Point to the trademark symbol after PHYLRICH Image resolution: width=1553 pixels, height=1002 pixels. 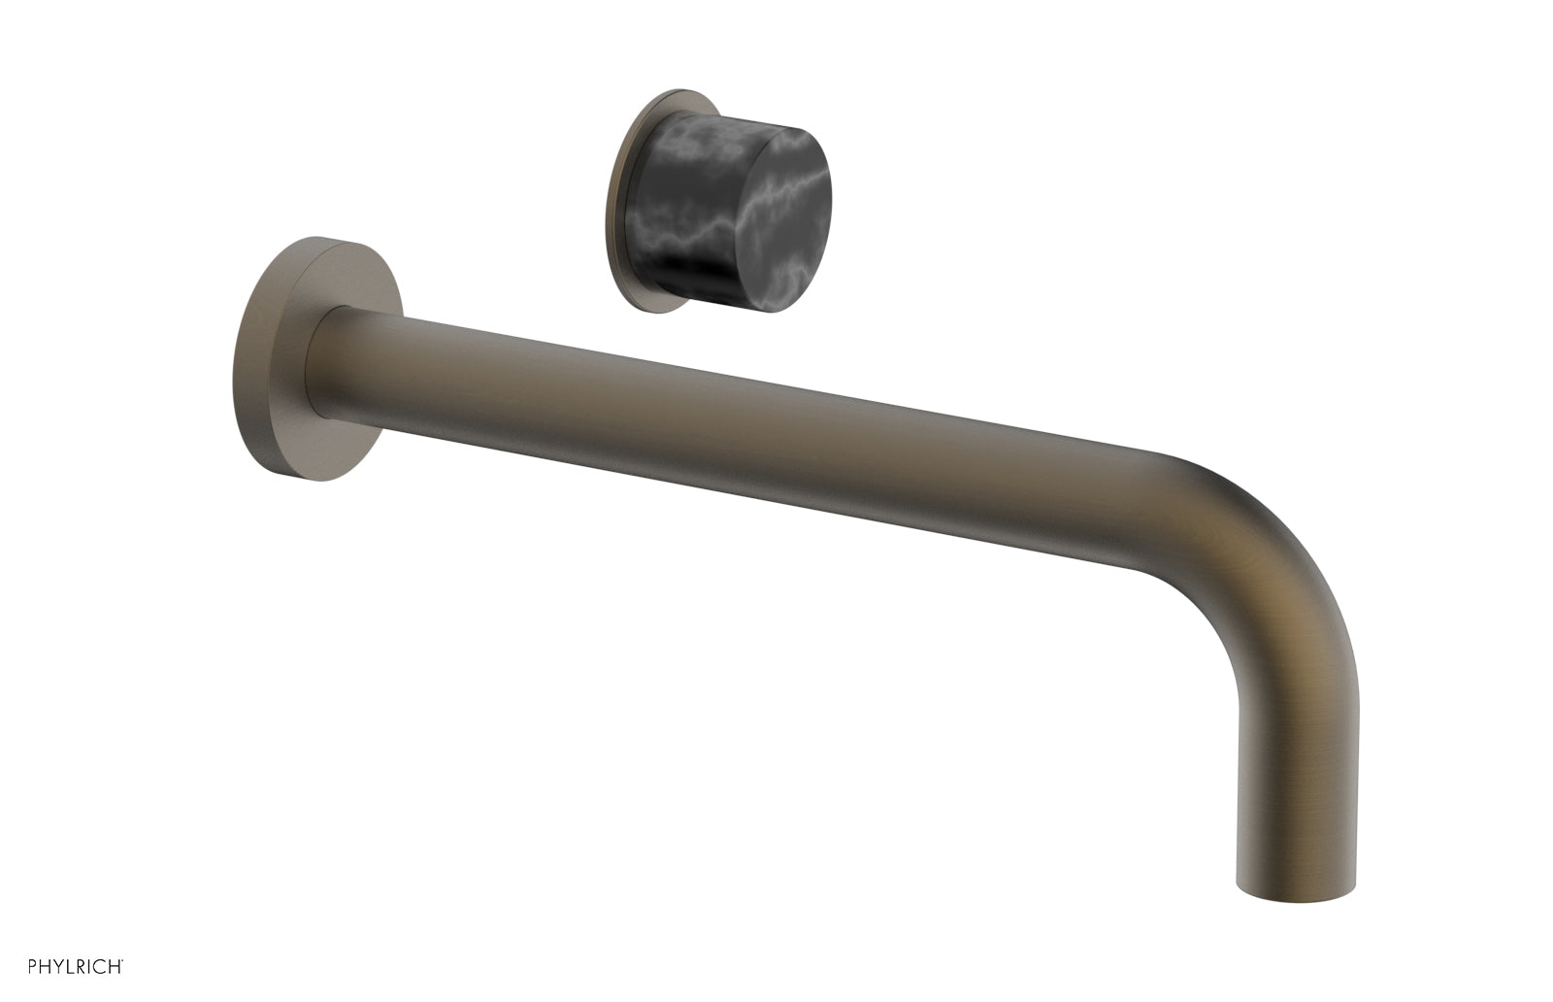tap(122, 962)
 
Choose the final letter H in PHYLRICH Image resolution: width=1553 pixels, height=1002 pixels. tap(115, 967)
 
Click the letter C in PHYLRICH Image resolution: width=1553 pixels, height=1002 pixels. tap(99, 967)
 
